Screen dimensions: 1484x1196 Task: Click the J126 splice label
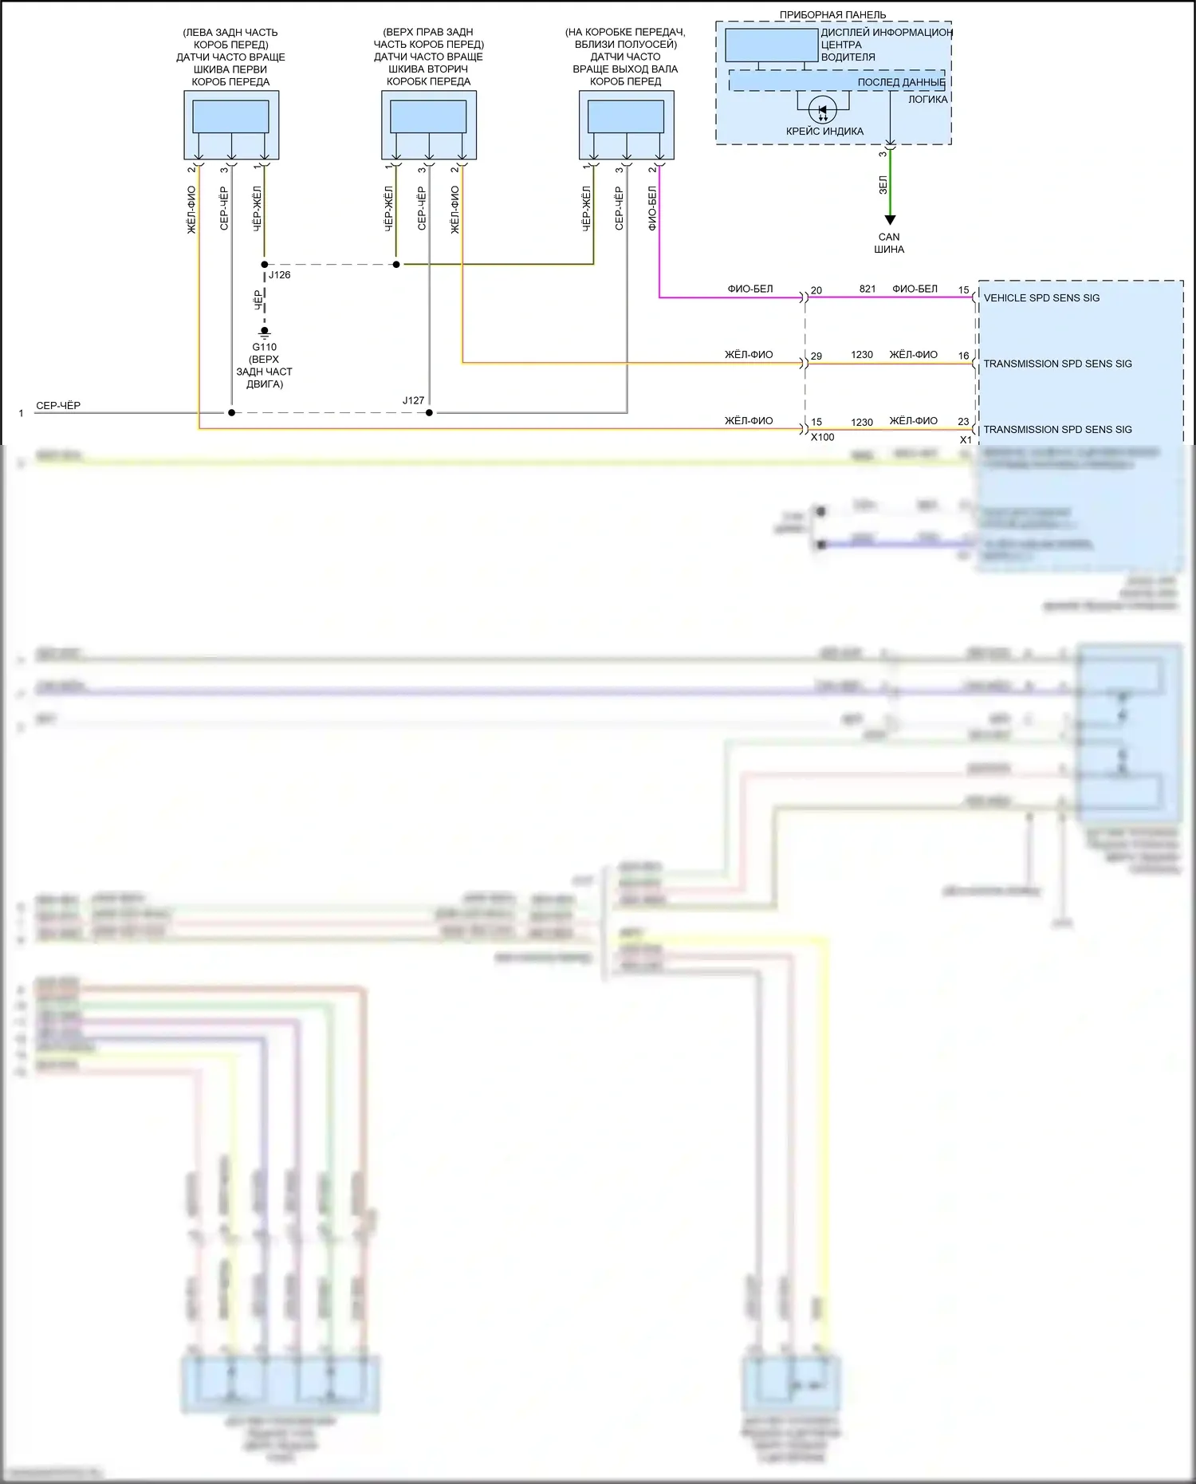[x=279, y=275]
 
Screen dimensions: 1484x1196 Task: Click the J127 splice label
[x=413, y=400]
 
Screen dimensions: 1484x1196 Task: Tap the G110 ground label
[x=264, y=347]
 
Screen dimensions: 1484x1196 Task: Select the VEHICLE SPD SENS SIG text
[x=1041, y=298]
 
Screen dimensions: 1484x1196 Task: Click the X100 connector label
[x=822, y=437]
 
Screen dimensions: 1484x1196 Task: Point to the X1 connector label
[x=966, y=439]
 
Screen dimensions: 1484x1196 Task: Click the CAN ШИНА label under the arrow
[x=889, y=243]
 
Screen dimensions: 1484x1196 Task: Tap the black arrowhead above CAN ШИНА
[x=890, y=220]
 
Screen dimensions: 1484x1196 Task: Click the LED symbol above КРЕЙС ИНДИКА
[x=823, y=110]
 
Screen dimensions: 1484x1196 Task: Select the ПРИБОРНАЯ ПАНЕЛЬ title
[x=832, y=14]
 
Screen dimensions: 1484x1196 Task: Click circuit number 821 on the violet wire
[x=867, y=289]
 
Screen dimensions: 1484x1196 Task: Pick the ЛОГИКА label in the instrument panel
[x=927, y=100]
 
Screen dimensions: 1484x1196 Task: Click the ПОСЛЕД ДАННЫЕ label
[x=901, y=82]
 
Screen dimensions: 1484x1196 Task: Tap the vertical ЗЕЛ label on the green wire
[x=883, y=185]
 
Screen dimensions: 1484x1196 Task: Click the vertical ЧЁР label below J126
[x=258, y=300]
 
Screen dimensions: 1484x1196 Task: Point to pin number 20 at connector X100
[x=816, y=290]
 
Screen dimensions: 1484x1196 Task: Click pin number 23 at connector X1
[x=963, y=422]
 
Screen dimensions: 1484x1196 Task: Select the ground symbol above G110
[x=265, y=332]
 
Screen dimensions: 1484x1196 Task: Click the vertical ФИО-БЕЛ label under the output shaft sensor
[x=652, y=208]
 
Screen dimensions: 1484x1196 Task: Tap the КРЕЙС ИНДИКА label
[x=824, y=132]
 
